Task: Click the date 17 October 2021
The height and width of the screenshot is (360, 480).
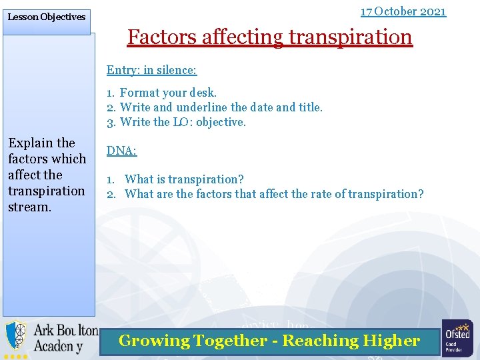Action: tap(403, 11)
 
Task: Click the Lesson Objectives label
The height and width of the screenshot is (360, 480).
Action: tap(46, 17)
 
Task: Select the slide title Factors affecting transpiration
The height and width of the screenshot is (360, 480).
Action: tap(270, 37)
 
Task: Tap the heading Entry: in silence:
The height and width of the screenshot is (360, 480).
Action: tap(151, 70)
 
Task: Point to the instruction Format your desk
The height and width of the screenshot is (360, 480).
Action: tap(168, 93)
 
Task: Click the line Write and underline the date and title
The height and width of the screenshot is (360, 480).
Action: tap(221, 107)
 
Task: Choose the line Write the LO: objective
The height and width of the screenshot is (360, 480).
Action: tap(183, 122)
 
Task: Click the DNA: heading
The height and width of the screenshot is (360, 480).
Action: tap(121, 151)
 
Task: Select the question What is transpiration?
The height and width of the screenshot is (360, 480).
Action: tap(184, 179)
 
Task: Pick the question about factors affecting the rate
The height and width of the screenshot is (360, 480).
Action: tap(273, 194)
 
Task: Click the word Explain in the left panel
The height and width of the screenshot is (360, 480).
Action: tap(31, 143)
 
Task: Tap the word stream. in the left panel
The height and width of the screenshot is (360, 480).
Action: tap(29, 207)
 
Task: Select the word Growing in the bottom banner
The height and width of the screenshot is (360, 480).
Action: tap(154, 341)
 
